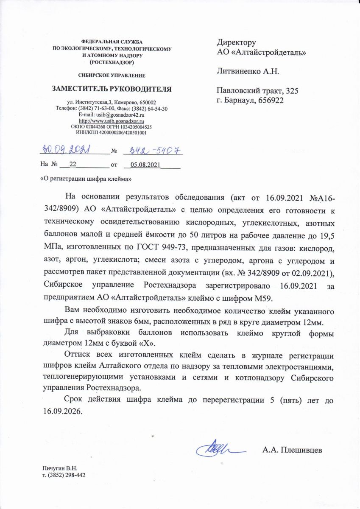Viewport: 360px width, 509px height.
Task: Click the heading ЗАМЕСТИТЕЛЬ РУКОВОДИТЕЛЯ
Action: coord(112,89)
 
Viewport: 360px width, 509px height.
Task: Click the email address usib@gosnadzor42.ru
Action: coord(112,115)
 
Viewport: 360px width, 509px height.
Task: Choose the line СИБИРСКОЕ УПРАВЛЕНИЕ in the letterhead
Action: coord(112,76)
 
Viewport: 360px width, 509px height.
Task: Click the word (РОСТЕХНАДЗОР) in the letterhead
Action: coord(112,62)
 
